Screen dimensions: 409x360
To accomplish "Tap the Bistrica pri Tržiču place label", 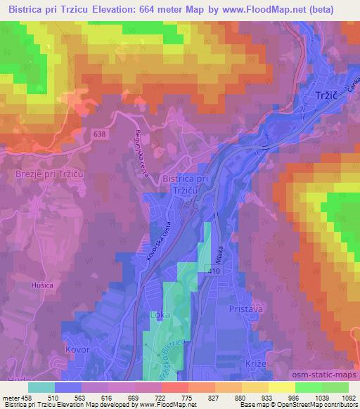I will pyautogui.click(x=186, y=186).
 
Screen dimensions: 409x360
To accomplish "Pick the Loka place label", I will pyautogui.click(x=160, y=317).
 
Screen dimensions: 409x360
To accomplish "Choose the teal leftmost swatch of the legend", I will pyautogui.click(x=41, y=387).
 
